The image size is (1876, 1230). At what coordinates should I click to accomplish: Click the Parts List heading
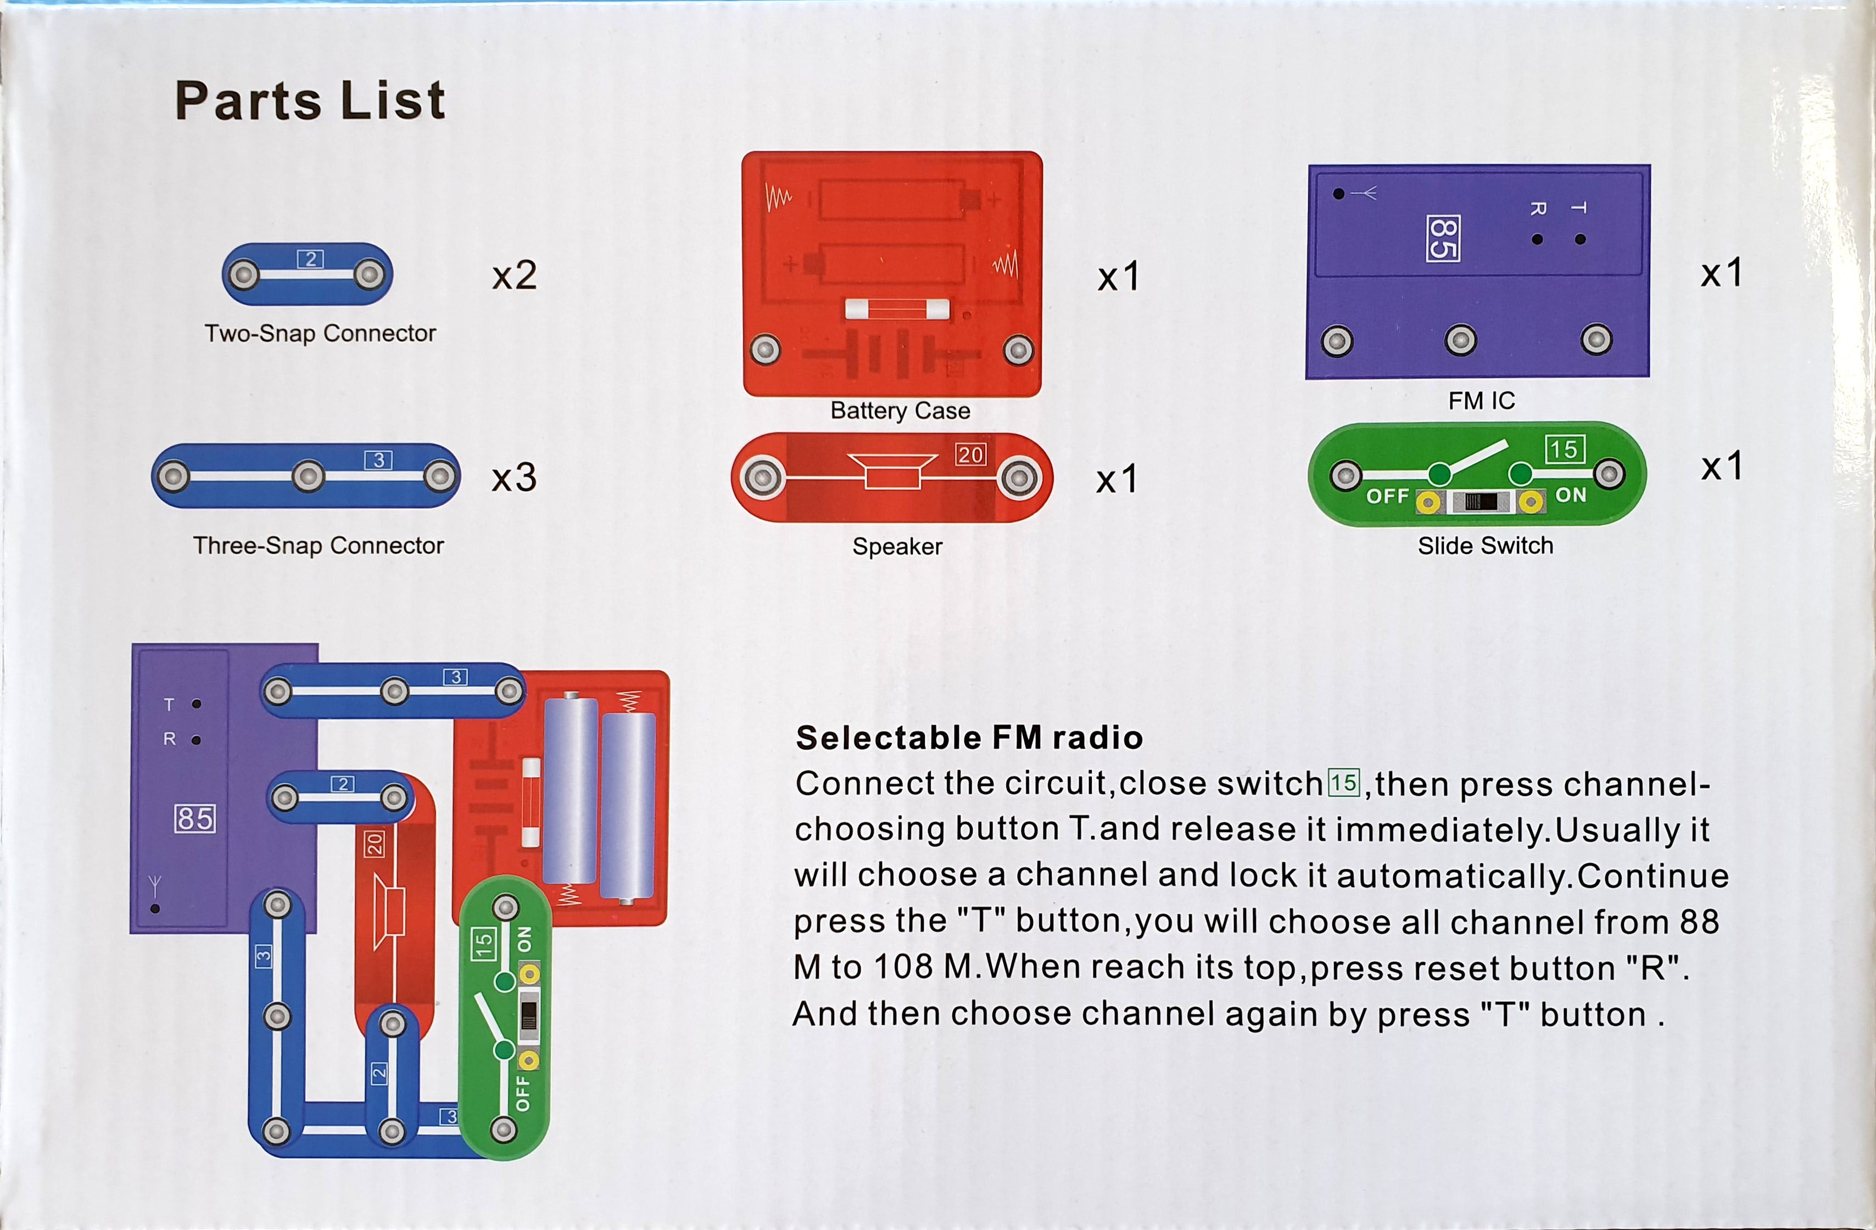(x=310, y=101)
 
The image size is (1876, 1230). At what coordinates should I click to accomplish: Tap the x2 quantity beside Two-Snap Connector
(x=514, y=275)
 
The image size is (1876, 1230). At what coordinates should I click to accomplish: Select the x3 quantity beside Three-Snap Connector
(x=514, y=477)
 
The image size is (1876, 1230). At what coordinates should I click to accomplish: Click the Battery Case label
(x=900, y=411)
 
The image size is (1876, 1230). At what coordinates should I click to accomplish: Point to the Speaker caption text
(x=897, y=546)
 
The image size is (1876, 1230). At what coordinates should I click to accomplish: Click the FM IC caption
(x=1481, y=401)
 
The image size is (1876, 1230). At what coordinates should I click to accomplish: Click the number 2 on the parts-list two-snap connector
(x=311, y=259)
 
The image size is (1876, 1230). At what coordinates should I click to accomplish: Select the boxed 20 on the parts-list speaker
(x=970, y=454)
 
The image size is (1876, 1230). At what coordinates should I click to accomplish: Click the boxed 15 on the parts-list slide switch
(x=1564, y=449)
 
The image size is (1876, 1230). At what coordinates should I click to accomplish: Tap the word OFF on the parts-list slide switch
(x=1387, y=496)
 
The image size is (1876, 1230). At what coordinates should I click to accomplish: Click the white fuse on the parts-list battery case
(x=897, y=309)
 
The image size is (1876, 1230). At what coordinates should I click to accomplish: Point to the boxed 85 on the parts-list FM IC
(x=1443, y=238)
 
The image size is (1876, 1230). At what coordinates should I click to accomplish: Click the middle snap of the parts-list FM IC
(x=1461, y=340)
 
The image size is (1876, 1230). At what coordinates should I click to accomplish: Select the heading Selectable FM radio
(x=969, y=738)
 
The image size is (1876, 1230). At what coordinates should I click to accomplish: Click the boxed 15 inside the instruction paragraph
(x=1344, y=783)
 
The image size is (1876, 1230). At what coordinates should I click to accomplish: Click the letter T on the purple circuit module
(x=169, y=704)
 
